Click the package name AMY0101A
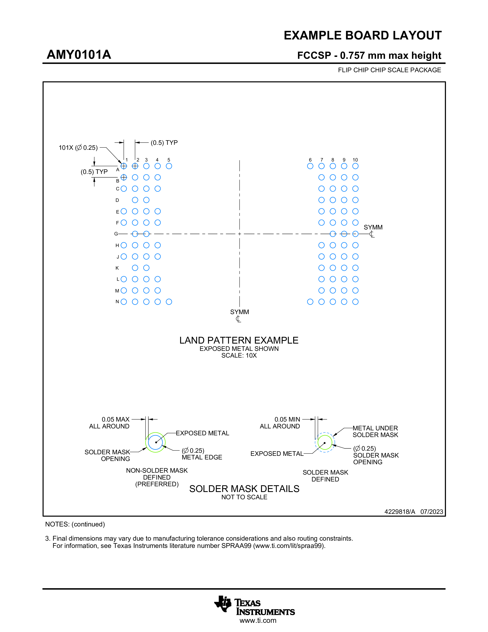coord(79,55)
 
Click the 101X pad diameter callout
coord(78,148)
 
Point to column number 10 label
coord(355,160)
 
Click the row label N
coord(117,301)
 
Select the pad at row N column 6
coord(310,302)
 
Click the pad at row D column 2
coord(135,200)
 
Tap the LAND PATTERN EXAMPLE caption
coord(239,340)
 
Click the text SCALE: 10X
coord(239,355)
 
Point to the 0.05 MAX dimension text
coord(115,419)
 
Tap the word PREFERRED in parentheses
coord(157,484)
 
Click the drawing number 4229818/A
coord(400,512)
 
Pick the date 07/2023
coord(432,512)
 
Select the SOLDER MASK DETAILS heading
coord(244,489)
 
